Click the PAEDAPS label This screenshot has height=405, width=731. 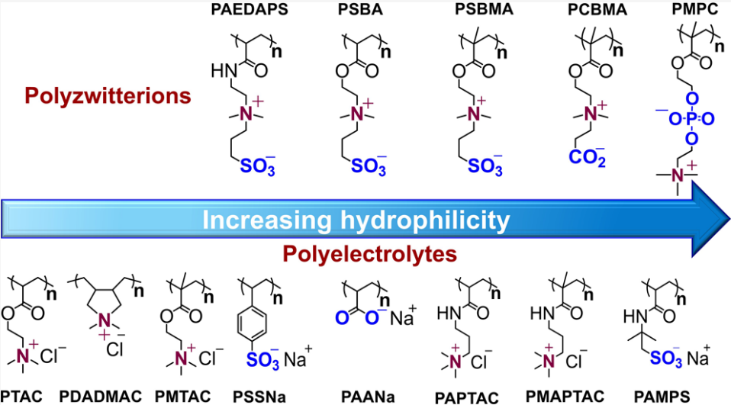click(x=250, y=9)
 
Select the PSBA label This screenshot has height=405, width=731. click(x=360, y=9)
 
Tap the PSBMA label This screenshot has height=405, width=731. click(x=484, y=9)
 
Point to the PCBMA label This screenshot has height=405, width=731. click(x=597, y=10)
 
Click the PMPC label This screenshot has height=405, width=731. click(x=695, y=9)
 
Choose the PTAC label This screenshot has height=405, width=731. click(x=21, y=397)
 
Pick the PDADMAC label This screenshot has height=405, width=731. click(x=100, y=397)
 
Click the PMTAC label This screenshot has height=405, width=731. click(x=183, y=397)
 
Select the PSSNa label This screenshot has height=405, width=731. click(x=259, y=397)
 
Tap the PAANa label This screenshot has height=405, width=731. click(x=368, y=397)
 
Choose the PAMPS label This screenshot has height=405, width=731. click(x=662, y=397)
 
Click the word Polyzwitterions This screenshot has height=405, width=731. click(x=108, y=96)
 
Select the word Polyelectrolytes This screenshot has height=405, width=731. click(x=369, y=254)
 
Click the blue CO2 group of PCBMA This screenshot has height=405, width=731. click(x=587, y=156)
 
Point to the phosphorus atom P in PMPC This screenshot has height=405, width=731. click(x=691, y=119)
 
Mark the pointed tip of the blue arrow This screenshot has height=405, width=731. click(x=729, y=217)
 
